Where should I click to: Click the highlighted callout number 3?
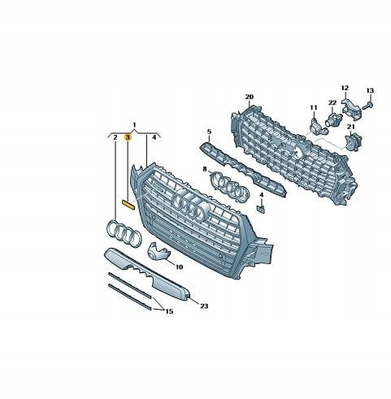(x=128, y=137)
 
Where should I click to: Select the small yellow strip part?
(x=128, y=204)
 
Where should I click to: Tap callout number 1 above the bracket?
(x=134, y=125)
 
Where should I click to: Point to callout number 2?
(x=115, y=137)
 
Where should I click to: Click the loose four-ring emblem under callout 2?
(x=124, y=233)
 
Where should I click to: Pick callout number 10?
(x=179, y=267)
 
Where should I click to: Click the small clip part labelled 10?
(x=158, y=250)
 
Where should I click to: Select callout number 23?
(x=204, y=306)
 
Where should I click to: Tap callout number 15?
(x=169, y=311)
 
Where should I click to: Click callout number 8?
(x=205, y=169)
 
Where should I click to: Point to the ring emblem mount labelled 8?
(x=229, y=188)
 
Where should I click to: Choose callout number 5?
(x=209, y=132)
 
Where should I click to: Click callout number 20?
(x=250, y=97)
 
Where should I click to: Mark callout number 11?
(x=314, y=108)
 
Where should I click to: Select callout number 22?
(x=332, y=102)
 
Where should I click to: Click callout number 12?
(x=345, y=88)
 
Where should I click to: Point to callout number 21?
(x=351, y=127)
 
